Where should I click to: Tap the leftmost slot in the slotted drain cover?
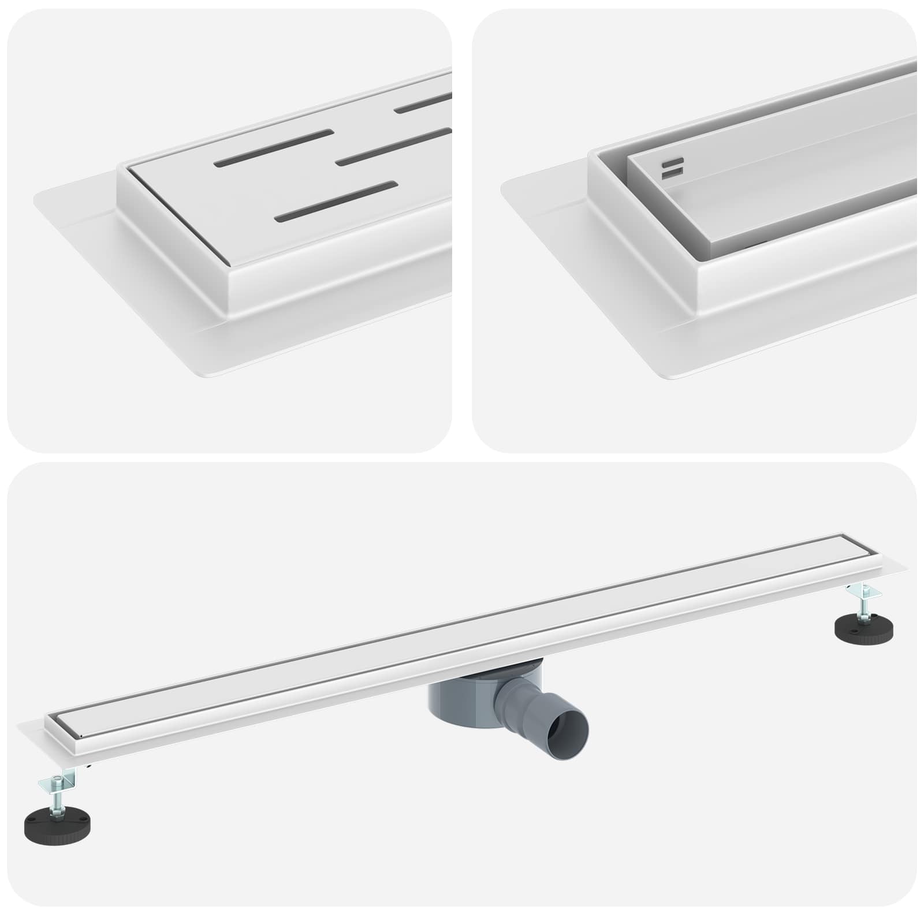274,147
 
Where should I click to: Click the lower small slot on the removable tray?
673,172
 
